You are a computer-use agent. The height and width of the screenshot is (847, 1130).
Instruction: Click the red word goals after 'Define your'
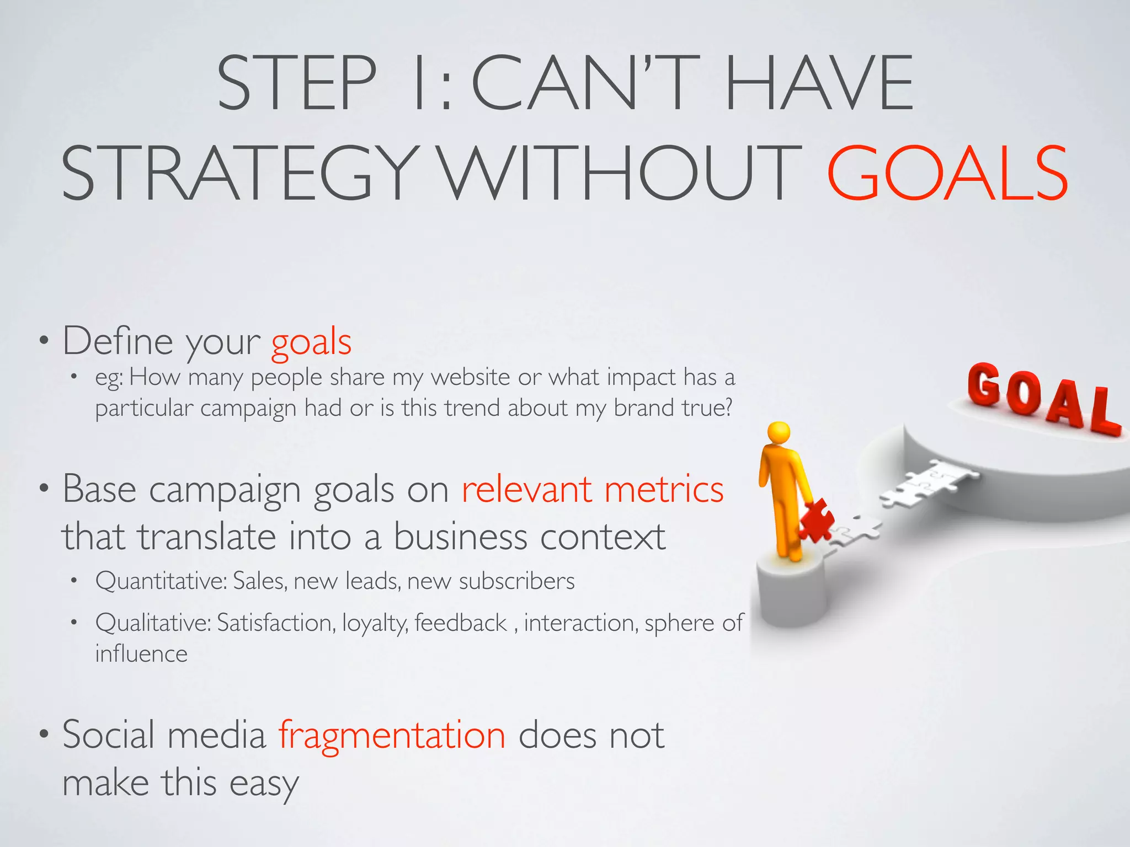pyautogui.click(x=311, y=342)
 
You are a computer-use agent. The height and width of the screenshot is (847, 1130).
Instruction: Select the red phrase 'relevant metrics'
pyautogui.click(x=592, y=489)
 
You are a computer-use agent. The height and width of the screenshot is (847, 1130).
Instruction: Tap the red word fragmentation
pyautogui.click(x=392, y=735)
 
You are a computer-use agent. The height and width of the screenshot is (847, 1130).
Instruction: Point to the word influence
pyautogui.click(x=141, y=654)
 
